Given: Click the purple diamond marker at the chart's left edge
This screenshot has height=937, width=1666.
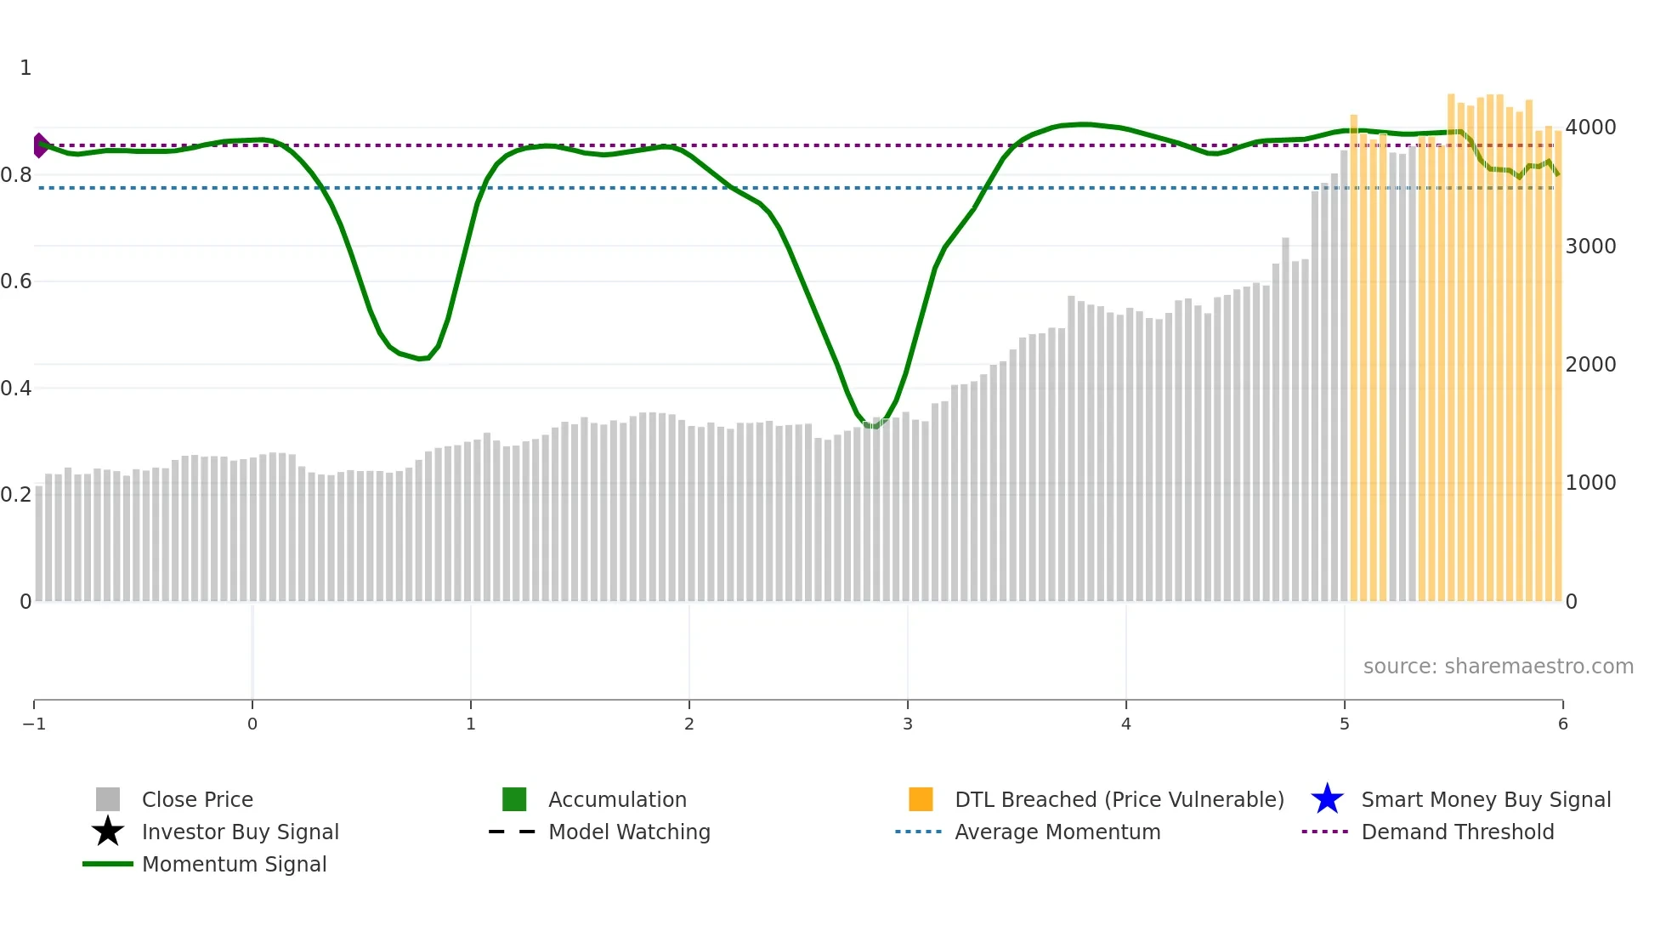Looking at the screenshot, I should pos(40,145).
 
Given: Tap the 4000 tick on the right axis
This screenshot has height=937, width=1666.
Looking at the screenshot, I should pos(1590,128).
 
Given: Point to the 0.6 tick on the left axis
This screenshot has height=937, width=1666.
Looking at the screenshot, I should pos(17,281).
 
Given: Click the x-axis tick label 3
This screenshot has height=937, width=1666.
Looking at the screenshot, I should pos(908,724).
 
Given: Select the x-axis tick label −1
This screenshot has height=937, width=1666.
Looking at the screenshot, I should pos(34,724).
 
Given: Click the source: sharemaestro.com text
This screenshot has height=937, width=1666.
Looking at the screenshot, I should pos(1498,667).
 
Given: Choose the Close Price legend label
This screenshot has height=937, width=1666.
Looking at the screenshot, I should pos(197,800).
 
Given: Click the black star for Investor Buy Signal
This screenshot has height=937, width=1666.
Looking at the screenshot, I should pos(108,832).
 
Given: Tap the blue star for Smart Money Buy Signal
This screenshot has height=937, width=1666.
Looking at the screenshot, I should pos(1327,800).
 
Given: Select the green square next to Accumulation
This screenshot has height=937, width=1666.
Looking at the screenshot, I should pos(514,799).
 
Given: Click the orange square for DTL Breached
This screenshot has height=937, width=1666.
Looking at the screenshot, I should pos(921,799).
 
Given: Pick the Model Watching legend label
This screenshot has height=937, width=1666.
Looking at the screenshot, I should pos(629,832).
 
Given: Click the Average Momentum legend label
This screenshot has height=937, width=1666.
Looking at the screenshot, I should pos(1057,832).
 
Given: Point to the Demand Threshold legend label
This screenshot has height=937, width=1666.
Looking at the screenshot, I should pos(1457,832).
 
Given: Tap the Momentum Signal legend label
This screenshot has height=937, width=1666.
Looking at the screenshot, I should pos(234,865).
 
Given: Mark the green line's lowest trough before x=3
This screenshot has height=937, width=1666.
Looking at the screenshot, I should pos(873,426).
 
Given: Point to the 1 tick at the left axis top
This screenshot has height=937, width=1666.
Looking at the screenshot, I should pos(25,68).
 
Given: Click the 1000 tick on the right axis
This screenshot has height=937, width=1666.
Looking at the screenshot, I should pos(1590,483).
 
